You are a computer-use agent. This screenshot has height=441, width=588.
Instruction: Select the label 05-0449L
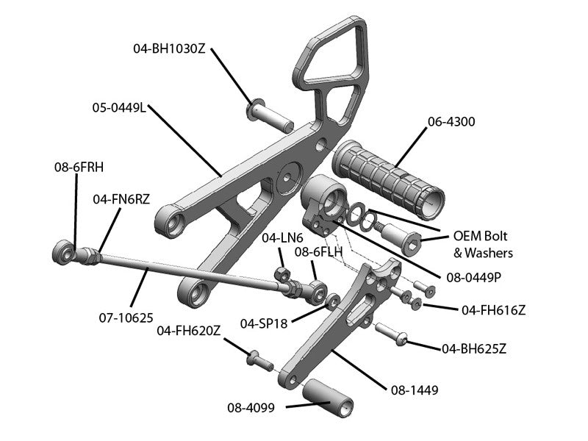tap(119, 107)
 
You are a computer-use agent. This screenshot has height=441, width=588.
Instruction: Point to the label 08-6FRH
tap(79, 167)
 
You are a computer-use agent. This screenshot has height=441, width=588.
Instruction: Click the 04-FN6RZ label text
tap(121, 198)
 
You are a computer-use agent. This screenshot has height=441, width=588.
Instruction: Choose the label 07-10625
tap(126, 318)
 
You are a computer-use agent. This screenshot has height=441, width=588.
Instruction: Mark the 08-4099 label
tap(251, 407)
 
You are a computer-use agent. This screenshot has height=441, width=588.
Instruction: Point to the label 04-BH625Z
tap(474, 348)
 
